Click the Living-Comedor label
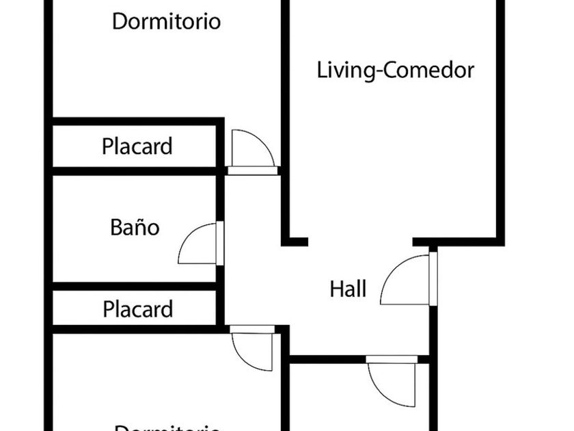pos(395,70)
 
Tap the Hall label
pos(348,289)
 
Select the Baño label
pos(135,227)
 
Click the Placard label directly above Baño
pos(137,146)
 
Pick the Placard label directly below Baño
pos(137,309)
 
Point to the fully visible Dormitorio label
pos(166,21)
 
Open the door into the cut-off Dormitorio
pos(252,350)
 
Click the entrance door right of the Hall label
pos(408,280)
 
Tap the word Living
pos(346,70)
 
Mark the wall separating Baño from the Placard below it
pos(135,286)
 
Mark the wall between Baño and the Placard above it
pos(135,171)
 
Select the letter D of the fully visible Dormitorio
pos(119,21)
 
